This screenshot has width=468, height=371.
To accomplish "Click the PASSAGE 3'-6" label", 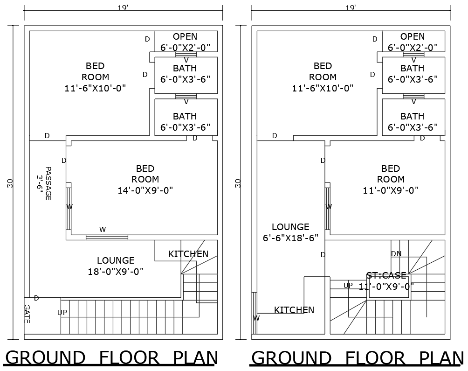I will (x=44, y=183).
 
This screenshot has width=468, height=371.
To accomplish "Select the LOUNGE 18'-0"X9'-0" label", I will (x=116, y=266).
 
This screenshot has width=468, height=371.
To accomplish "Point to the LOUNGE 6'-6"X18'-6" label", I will (x=290, y=232).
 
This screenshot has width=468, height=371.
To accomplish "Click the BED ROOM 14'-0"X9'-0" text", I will (x=145, y=179).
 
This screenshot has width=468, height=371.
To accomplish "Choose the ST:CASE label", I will (x=386, y=276).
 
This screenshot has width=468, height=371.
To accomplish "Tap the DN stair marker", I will (x=396, y=253).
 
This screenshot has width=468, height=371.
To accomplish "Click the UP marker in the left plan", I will (x=62, y=312).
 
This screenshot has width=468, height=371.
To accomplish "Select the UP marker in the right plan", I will (x=348, y=285).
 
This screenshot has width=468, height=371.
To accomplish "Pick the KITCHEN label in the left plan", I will (x=188, y=254).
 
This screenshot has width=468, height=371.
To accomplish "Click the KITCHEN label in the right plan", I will (x=294, y=310).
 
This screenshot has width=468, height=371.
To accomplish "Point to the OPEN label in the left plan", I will (x=185, y=36).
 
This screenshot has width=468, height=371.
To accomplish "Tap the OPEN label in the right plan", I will (x=413, y=36).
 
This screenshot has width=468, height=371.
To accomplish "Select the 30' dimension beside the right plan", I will (x=238, y=182).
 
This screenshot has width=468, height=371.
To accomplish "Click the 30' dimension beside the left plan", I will (x=10, y=182).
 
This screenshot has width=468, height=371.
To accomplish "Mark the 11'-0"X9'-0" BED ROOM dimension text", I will (x=391, y=190).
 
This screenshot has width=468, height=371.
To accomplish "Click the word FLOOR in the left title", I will (x=129, y=358).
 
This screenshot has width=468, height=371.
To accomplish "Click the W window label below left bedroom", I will (x=103, y=229).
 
